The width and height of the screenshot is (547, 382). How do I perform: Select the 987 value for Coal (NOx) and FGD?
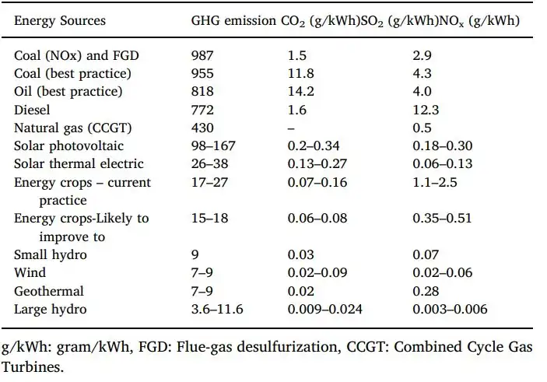[x=203, y=56]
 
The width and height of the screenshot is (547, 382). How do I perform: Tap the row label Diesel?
[x=33, y=110]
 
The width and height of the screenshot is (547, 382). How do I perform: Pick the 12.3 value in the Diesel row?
[x=427, y=110]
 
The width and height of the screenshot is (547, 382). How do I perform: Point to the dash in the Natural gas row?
[x=290, y=128]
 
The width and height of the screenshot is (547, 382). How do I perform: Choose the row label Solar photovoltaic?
[x=68, y=146]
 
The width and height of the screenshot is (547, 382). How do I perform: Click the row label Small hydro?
[x=51, y=254]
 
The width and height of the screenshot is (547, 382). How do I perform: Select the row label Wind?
[x=30, y=273]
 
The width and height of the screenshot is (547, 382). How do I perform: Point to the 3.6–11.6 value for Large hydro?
[x=218, y=310]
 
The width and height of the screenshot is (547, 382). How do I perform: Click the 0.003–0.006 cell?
[x=450, y=310]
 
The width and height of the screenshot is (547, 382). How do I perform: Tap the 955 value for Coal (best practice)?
[x=203, y=74]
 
